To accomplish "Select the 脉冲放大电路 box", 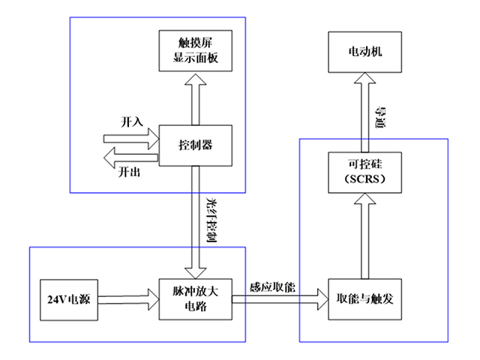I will point(193,298).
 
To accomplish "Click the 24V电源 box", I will point(67,298).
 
